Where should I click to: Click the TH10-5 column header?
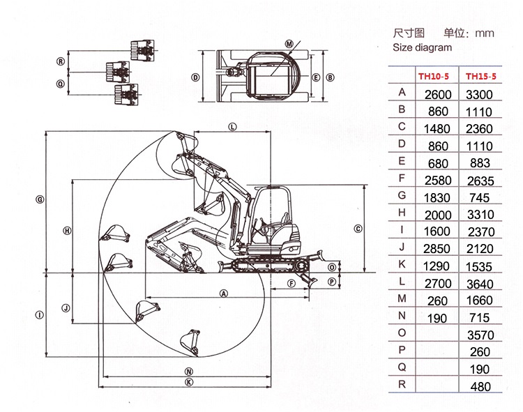pos(433,76)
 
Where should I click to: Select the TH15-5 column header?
pos(480,76)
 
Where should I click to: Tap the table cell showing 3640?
pos(479,284)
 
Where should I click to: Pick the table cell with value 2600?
pos(439,94)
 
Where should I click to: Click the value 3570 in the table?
pos(479,335)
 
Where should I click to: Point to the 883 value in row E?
pos(479,163)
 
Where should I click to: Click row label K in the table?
pos(401,265)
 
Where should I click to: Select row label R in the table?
pos(401,384)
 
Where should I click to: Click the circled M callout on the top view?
pos(289,43)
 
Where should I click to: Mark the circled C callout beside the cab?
pos(358,228)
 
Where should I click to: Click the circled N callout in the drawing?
pos(188,371)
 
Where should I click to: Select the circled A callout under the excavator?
pos(224,293)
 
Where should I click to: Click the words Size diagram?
pos(422,48)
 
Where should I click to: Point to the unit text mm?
pos(484,33)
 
